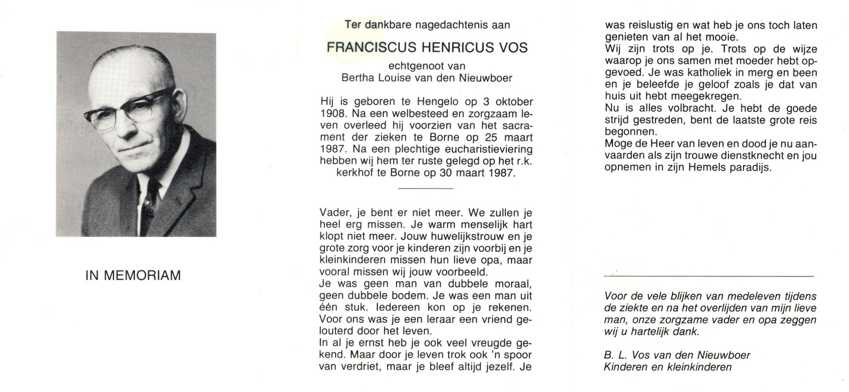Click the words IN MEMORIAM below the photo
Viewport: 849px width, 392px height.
pyautogui.click(x=133, y=275)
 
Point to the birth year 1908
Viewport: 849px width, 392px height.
pyautogui.click(x=333, y=113)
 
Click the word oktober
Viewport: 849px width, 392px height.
pyautogui.click(x=512, y=102)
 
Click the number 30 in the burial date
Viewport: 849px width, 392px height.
pyautogui.click(x=445, y=173)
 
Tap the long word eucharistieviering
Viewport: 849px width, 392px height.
pyautogui.click(x=489, y=149)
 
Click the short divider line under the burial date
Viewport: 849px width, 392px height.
pyautogui.click(x=426, y=188)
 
